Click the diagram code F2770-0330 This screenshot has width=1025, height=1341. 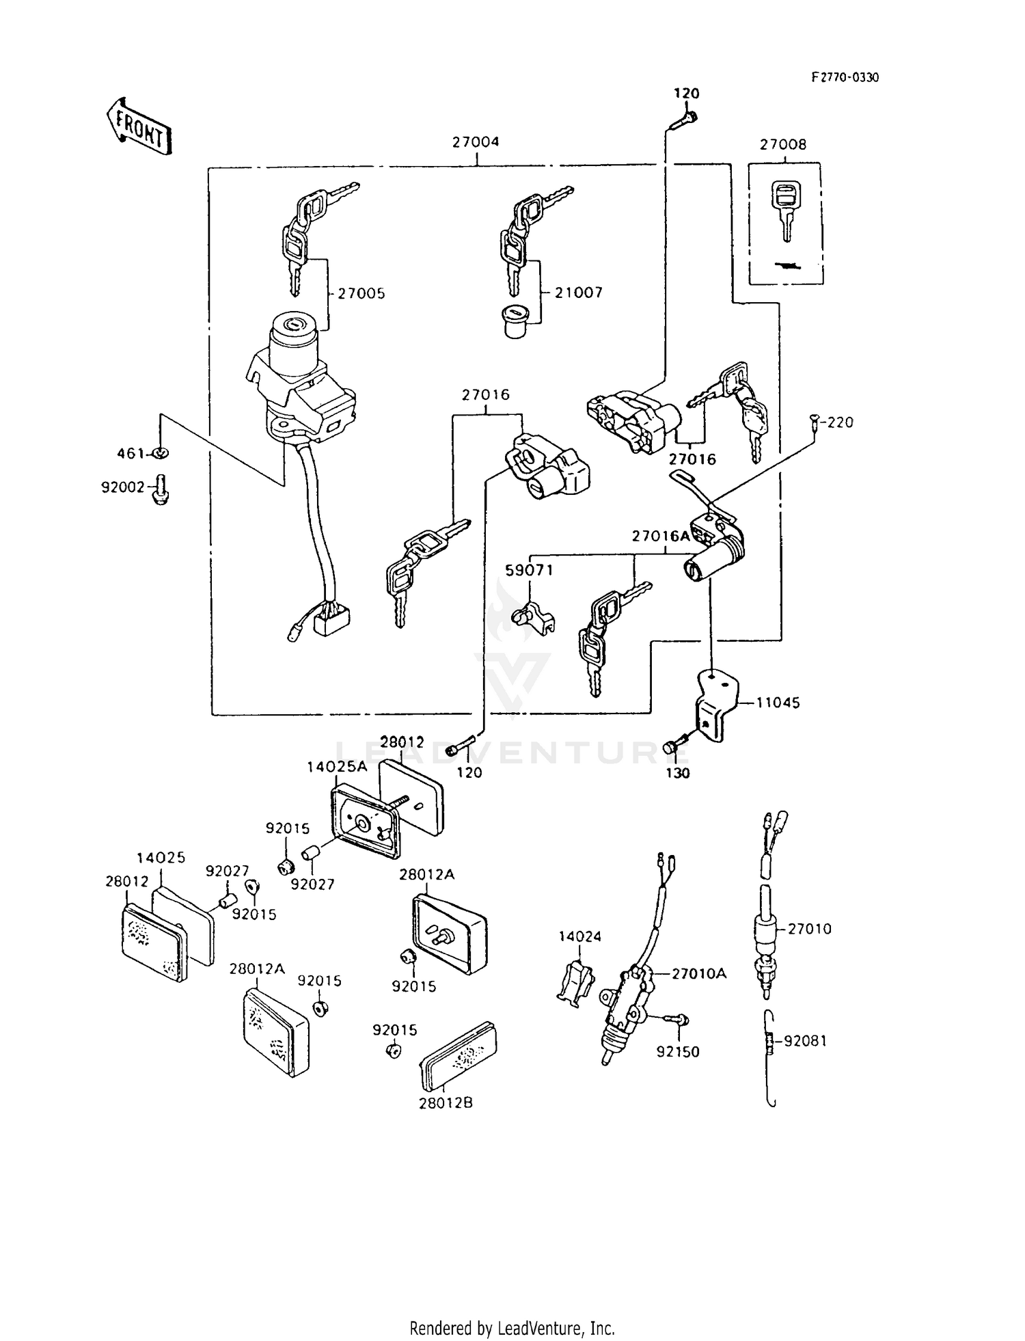pyautogui.click(x=845, y=78)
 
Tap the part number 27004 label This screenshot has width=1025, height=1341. pyautogui.click(x=476, y=142)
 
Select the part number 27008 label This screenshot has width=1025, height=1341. pyautogui.click(x=783, y=145)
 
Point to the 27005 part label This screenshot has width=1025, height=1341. pyautogui.click(x=361, y=293)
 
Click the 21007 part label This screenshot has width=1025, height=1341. pyautogui.click(x=579, y=293)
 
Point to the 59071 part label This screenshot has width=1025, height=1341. pyautogui.click(x=529, y=570)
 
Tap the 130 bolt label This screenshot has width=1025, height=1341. pyautogui.click(x=678, y=774)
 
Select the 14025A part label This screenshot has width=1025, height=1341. pyautogui.click(x=337, y=767)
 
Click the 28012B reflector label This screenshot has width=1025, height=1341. pyautogui.click(x=446, y=1103)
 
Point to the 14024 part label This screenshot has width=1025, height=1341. pyautogui.click(x=580, y=936)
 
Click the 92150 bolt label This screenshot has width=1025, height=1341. pyautogui.click(x=678, y=1053)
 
